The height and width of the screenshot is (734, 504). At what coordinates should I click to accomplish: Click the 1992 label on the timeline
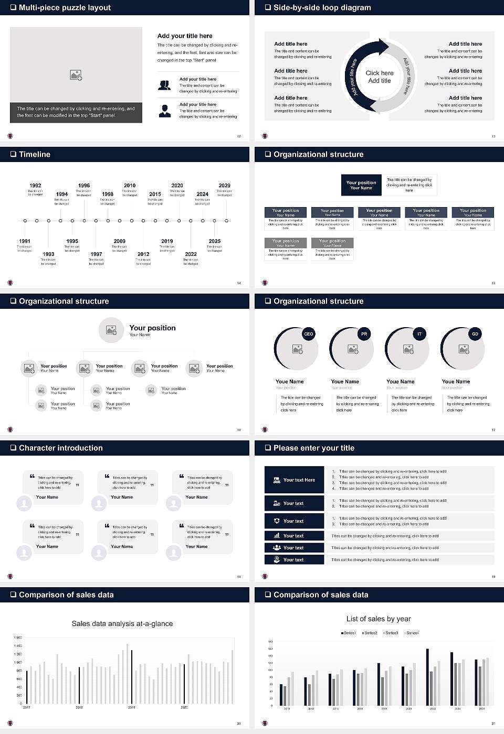click(x=35, y=186)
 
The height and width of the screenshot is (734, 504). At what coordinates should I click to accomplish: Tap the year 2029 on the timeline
click(x=224, y=186)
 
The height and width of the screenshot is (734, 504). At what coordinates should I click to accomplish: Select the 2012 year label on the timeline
click(x=143, y=254)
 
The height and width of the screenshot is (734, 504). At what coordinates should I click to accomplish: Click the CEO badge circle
click(x=308, y=334)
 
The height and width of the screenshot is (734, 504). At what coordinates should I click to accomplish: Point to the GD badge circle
click(x=475, y=334)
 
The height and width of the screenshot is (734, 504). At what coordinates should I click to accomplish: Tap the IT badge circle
click(x=419, y=334)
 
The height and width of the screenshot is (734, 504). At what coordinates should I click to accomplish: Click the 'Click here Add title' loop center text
click(x=379, y=77)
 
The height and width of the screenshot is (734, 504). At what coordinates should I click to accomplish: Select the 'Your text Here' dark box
click(x=295, y=480)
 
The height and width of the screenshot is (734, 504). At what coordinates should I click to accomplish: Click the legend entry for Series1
click(x=349, y=633)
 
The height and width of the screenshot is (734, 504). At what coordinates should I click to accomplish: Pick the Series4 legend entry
click(x=412, y=633)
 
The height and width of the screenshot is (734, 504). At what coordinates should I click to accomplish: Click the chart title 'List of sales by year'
click(x=379, y=619)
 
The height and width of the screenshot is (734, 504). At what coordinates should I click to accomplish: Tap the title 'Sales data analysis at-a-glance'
click(x=122, y=623)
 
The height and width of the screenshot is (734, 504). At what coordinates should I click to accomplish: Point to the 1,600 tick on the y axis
click(x=18, y=638)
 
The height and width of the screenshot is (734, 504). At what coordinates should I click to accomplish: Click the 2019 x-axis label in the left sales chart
click(x=131, y=707)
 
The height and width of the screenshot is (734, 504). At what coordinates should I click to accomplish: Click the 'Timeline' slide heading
click(x=35, y=154)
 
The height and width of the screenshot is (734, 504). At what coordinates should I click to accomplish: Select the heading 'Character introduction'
click(x=61, y=448)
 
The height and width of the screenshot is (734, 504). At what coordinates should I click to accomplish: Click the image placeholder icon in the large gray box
click(x=76, y=75)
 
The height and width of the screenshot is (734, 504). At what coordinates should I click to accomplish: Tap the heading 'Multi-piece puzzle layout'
click(x=65, y=7)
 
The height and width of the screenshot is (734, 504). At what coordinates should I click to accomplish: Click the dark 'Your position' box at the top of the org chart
click(x=361, y=185)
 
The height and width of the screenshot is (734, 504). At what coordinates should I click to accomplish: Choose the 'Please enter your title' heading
click(x=314, y=448)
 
